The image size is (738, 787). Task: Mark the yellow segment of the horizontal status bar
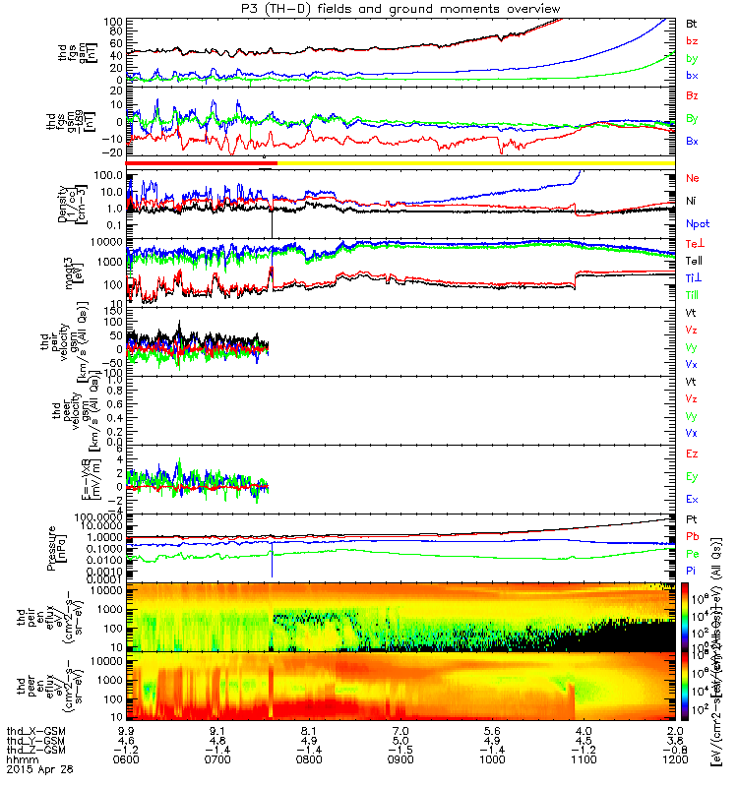point(472,162)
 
